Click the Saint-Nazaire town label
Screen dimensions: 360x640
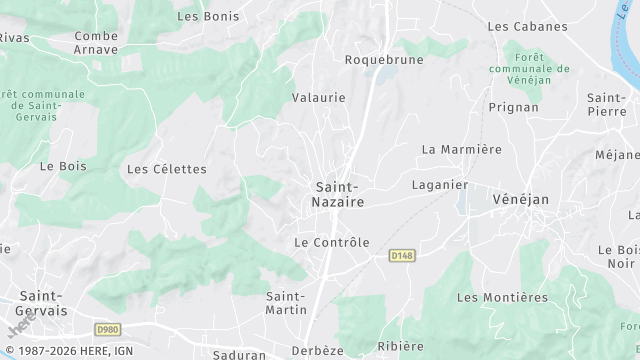(x=339, y=194)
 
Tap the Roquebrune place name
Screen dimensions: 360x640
(x=384, y=60)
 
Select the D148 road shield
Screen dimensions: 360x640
(x=402, y=256)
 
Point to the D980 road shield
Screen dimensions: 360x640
(x=108, y=329)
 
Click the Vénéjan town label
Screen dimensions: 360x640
(x=521, y=200)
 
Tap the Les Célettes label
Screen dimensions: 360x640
(x=166, y=169)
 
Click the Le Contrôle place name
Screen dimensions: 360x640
(x=332, y=242)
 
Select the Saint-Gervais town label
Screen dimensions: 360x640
(x=42, y=303)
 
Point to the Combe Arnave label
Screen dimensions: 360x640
(x=96, y=43)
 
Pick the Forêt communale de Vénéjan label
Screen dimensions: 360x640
(x=529, y=69)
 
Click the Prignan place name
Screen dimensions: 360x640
(x=514, y=107)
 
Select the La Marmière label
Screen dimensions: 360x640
(x=461, y=150)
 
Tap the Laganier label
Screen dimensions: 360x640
(x=440, y=185)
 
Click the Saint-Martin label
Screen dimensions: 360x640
(x=286, y=303)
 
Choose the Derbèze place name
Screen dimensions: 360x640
(x=317, y=351)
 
